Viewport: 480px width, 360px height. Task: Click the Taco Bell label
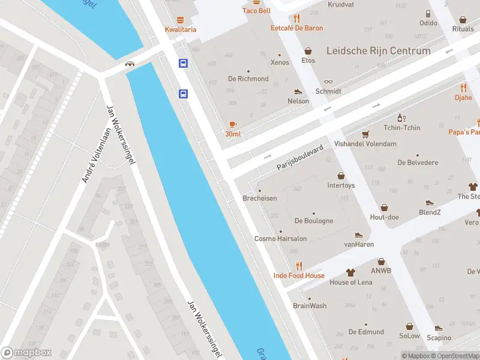point(256,11)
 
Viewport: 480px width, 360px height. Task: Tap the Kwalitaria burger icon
point(181,20)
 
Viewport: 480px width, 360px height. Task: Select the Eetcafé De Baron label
point(296,28)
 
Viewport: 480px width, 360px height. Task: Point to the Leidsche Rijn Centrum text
point(378,51)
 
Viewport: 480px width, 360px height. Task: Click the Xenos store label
point(280,62)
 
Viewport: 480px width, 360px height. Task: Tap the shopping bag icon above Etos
point(308,51)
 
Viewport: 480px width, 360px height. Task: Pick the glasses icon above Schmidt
point(328,82)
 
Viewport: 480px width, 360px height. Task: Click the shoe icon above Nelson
point(298,91)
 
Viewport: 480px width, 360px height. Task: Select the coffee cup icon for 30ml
point(233,124)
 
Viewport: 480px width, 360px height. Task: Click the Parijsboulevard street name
point(300,158)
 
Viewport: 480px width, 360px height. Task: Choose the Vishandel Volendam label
point(365,144)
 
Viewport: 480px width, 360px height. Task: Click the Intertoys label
point(341,185)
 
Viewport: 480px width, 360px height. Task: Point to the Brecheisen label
point(259,199)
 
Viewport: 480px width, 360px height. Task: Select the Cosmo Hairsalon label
point(280,239)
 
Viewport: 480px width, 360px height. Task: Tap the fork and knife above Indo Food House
point(299,266)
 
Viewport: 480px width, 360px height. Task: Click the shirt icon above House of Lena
point(351,272)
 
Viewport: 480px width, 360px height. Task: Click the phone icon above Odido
point(428,13)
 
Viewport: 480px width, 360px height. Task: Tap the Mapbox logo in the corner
point(26,353)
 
